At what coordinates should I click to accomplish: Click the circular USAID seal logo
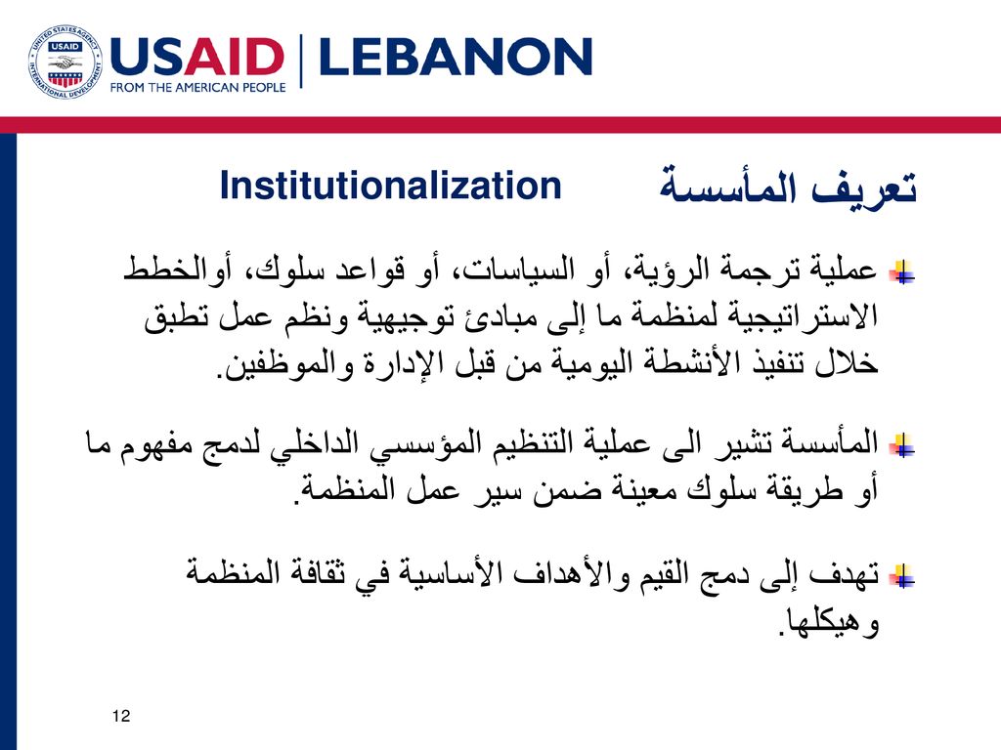65,62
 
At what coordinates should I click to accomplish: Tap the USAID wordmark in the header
197,57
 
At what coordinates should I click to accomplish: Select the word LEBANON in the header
456,57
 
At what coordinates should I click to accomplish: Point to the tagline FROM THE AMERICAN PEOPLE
197,87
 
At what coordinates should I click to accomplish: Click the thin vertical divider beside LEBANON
301,62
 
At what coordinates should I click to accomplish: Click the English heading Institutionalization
390,186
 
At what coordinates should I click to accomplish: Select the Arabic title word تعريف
865,187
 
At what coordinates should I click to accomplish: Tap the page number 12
120,716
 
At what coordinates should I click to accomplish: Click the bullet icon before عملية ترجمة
902,272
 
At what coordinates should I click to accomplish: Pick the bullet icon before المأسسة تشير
902,445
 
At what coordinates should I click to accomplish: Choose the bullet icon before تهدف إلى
902,576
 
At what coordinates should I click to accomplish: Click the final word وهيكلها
830,621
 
